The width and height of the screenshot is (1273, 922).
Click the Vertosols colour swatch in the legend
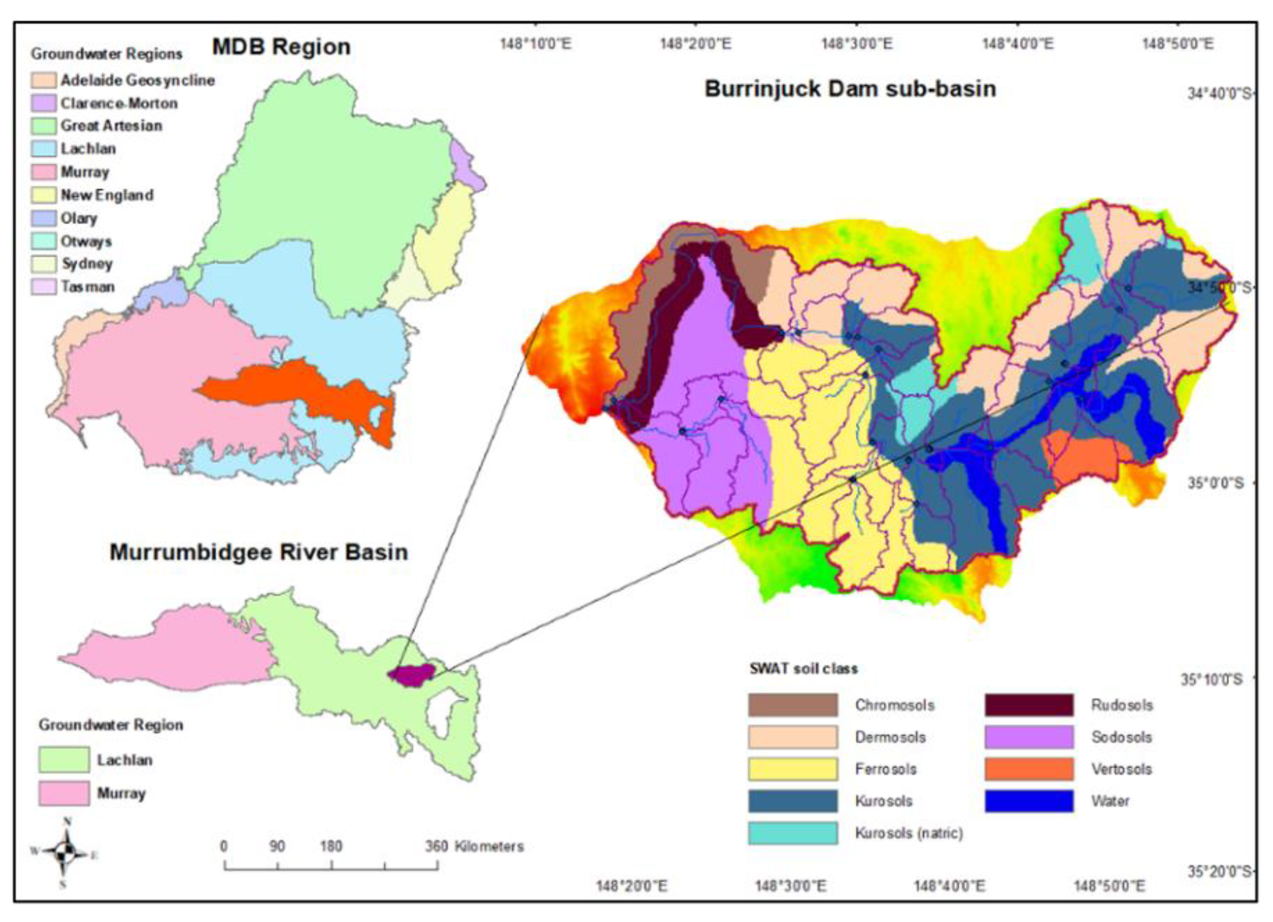click(x=1029, y=769)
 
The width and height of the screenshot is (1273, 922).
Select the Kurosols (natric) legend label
click(x=909, y=833)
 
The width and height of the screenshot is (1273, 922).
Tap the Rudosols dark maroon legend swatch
click(x=1029, y=705)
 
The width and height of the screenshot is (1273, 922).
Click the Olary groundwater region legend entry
click(x=79, y=219)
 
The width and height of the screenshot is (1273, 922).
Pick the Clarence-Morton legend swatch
click(x=43, y=103)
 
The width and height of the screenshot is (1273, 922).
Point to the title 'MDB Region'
click(x=281, y=46)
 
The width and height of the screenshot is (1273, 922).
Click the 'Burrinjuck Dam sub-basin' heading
click(x=850, y=89)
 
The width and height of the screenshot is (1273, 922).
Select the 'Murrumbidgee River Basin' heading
click(x=259, y=552)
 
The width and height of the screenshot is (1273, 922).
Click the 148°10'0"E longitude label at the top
click(x=536, y=43)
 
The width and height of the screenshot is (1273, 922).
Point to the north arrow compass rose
click(x=65, y=854)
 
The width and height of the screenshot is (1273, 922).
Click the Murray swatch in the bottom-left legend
click(x=63, y=793)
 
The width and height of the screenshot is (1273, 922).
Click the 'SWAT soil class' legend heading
click(x=803, y=669)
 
